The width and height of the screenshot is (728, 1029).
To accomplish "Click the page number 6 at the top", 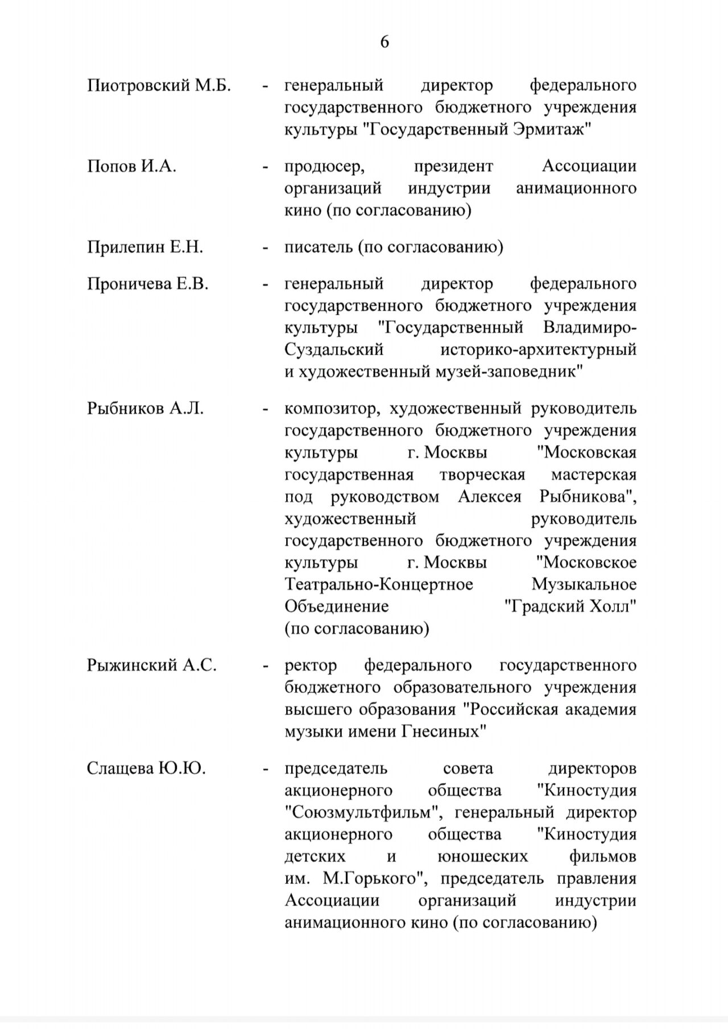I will click(384, 42).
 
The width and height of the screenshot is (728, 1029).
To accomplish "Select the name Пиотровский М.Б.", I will click(159, 86).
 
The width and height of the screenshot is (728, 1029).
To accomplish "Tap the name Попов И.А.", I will click(131, 167).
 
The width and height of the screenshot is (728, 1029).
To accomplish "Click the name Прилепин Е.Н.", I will click(145, 247).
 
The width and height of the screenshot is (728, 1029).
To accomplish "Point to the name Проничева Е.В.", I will click(148, 284).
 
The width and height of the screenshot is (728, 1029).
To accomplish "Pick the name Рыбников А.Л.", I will click(145, 409).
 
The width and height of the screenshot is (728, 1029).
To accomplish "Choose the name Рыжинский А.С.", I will click(152, 666).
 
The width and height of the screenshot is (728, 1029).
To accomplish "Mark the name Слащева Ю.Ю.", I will click(146, 769).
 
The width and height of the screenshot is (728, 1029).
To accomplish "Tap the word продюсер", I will click(324, 167).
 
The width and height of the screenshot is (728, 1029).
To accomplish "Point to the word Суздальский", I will click(334, 350).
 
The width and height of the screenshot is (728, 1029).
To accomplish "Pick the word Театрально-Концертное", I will click(379, 585).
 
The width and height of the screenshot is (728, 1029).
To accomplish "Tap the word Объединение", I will click(337, 606).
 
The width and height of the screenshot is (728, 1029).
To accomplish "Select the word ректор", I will click(311, 666).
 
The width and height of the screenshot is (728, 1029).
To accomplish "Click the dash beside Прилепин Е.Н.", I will click(265, 248).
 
